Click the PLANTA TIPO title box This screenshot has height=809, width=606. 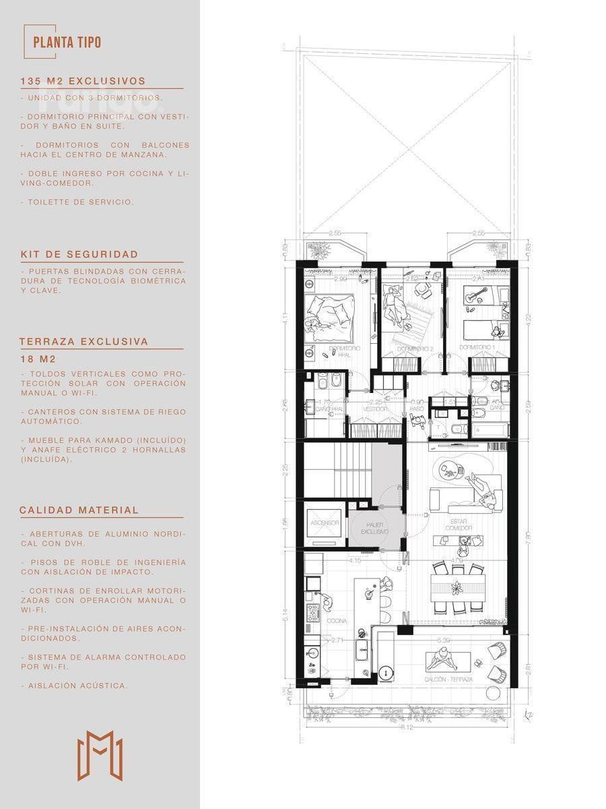click(x=67, y=42)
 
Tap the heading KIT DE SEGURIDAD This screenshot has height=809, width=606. click(x=79, y=254)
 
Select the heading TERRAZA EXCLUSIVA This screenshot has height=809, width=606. click(x=83, y=342)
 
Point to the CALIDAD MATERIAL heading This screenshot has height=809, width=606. click(x=79, y=510)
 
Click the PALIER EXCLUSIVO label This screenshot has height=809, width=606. click(x=376, y=529)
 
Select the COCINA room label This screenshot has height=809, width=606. click(x=337, y=621)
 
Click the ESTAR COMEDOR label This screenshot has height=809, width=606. click(x=461, y=525)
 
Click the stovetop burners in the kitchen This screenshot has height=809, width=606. click(x=313, y=612)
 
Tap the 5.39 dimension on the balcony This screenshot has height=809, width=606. click(x=444, y=639)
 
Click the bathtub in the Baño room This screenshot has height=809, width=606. click(x=489, y=429)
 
